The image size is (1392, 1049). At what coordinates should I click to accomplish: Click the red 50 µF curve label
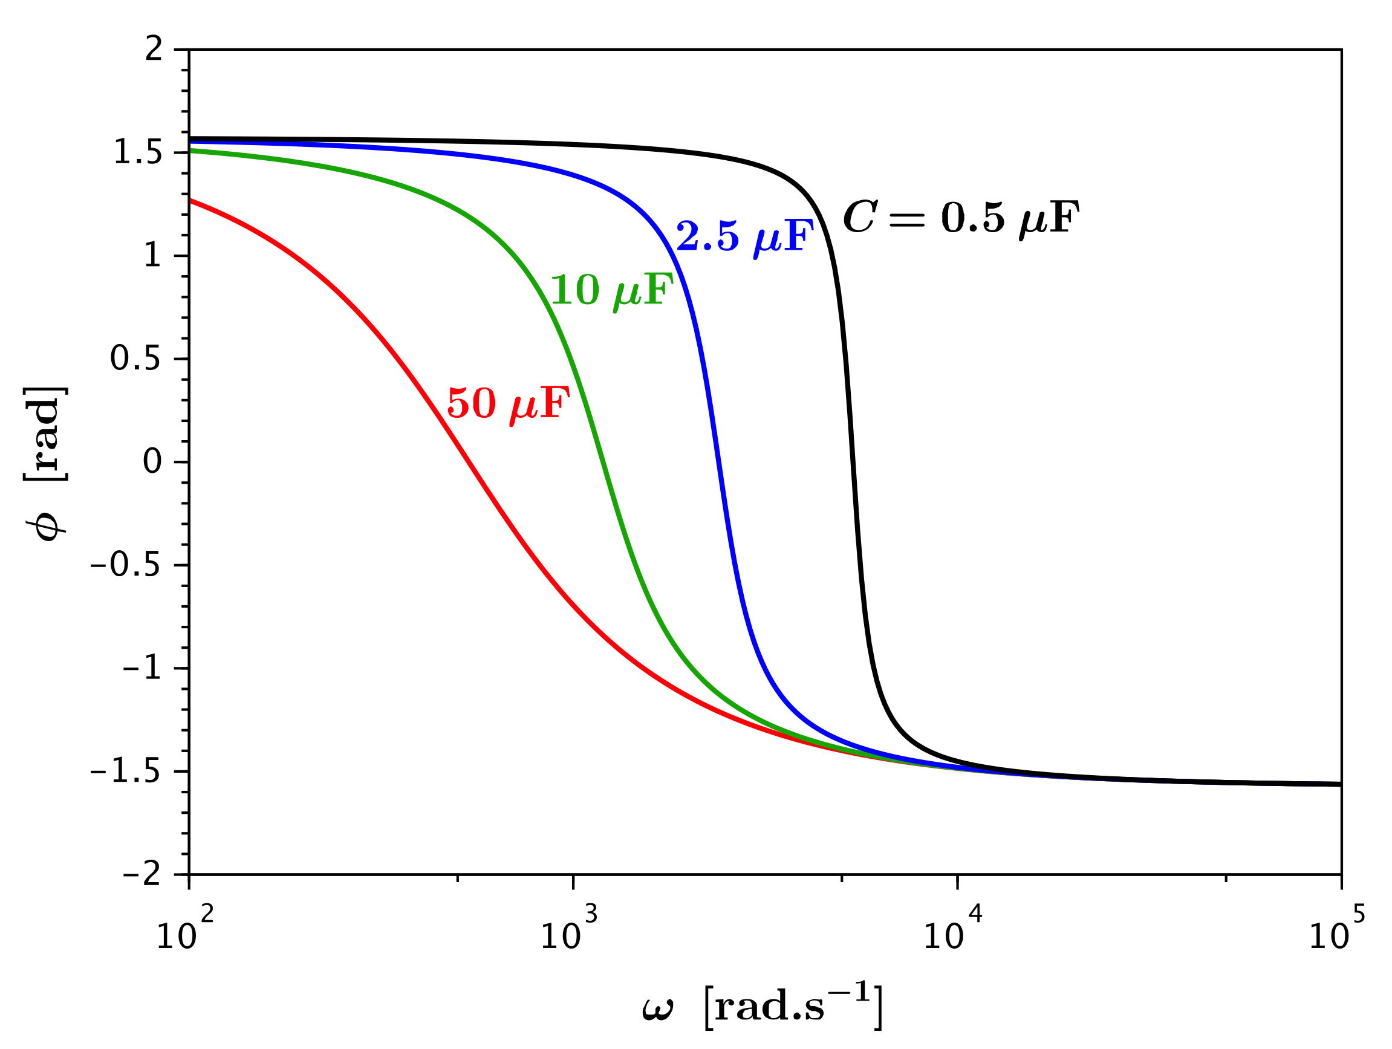pos(509,404)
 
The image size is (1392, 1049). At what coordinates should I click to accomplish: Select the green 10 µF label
pos(613,291)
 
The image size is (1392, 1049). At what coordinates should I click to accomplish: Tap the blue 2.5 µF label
pos(744,238)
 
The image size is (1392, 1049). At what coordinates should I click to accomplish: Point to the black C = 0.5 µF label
pos(961,218)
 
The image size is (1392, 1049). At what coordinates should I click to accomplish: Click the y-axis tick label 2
pos(154,49)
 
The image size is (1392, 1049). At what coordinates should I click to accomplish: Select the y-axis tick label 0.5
pos(136,359)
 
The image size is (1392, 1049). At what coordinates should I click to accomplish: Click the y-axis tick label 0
pos(153,462)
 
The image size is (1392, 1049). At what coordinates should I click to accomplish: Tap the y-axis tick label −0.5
pos(126,565)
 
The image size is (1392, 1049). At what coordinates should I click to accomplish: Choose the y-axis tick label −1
pos(143,668)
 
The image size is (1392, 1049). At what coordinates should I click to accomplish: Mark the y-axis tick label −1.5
pos(126,771)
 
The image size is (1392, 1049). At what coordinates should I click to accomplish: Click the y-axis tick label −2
pos(143,875)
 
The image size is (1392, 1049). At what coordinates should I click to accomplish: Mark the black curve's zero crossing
pos(853,462)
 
